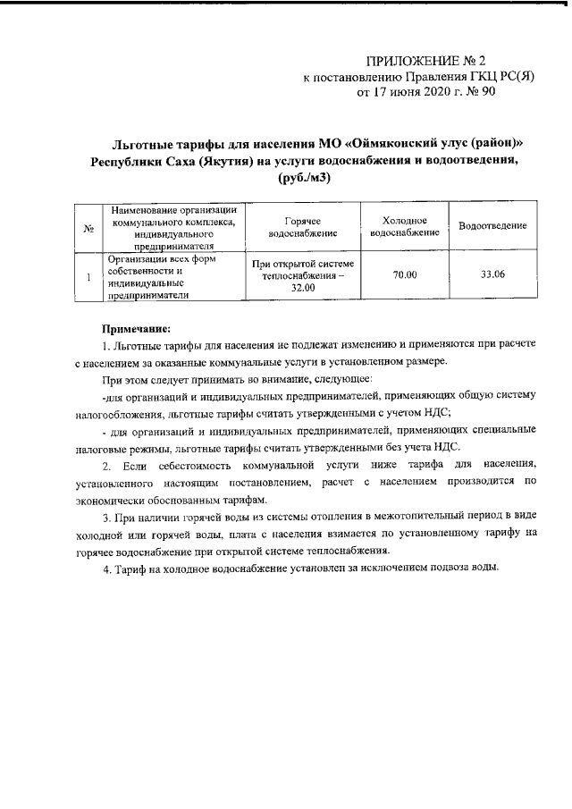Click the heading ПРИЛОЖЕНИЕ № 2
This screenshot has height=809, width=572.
click(425, 62)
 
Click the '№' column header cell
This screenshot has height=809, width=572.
click(88, 228)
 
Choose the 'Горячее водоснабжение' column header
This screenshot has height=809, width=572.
click(302, 227)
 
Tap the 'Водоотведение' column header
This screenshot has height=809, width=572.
click(492, 227)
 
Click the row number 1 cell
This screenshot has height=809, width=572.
click(88, 275)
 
